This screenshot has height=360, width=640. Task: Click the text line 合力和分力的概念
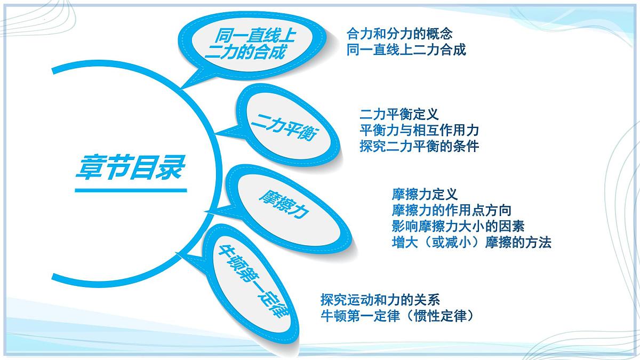click(x=399, y=34)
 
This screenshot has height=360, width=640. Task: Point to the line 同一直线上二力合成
click(x=406, y=50)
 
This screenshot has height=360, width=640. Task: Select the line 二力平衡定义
click(x=399, y=114)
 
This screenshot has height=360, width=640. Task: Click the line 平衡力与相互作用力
click(x=419, y=130)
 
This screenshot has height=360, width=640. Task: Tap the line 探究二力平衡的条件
click(x=419, y=146)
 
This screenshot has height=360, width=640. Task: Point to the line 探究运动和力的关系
click(x=380, y=299)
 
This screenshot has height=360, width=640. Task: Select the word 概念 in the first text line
click(x=439, y=34)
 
